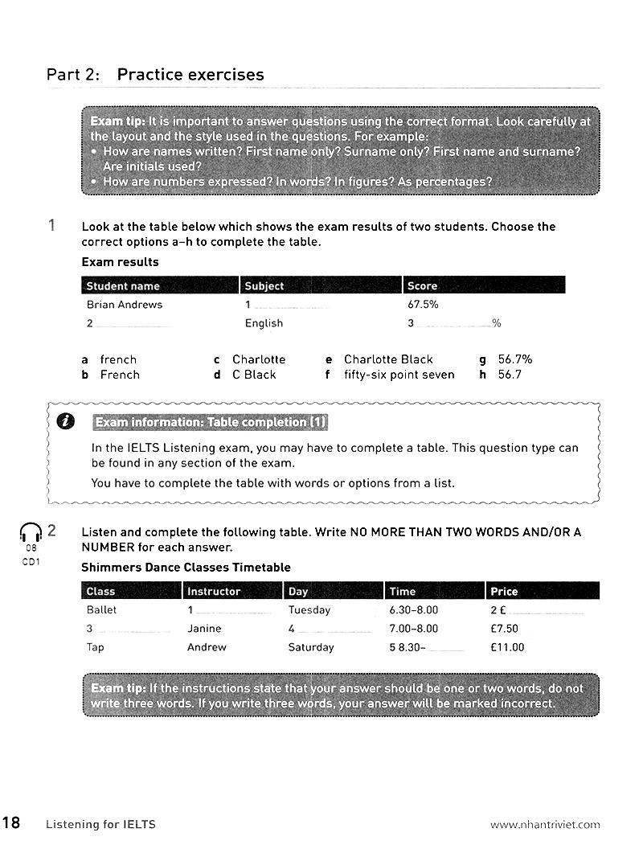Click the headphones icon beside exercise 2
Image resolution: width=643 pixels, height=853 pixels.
31,532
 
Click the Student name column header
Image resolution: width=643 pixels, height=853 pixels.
123,285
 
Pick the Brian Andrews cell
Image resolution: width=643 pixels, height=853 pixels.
125,305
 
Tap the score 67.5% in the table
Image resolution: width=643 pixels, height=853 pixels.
424,305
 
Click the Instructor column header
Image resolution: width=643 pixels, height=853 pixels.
214,591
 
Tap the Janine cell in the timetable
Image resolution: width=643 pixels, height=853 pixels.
204,629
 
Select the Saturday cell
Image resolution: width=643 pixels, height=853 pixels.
311,647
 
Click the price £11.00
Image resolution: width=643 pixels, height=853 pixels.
507,647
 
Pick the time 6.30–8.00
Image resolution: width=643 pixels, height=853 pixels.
413,610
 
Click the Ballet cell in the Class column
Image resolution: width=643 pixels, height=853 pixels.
102,610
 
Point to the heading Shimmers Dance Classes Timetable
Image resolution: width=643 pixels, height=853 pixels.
186,568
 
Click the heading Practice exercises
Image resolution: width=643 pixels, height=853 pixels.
190,75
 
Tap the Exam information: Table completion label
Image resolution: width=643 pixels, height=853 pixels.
211,422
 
